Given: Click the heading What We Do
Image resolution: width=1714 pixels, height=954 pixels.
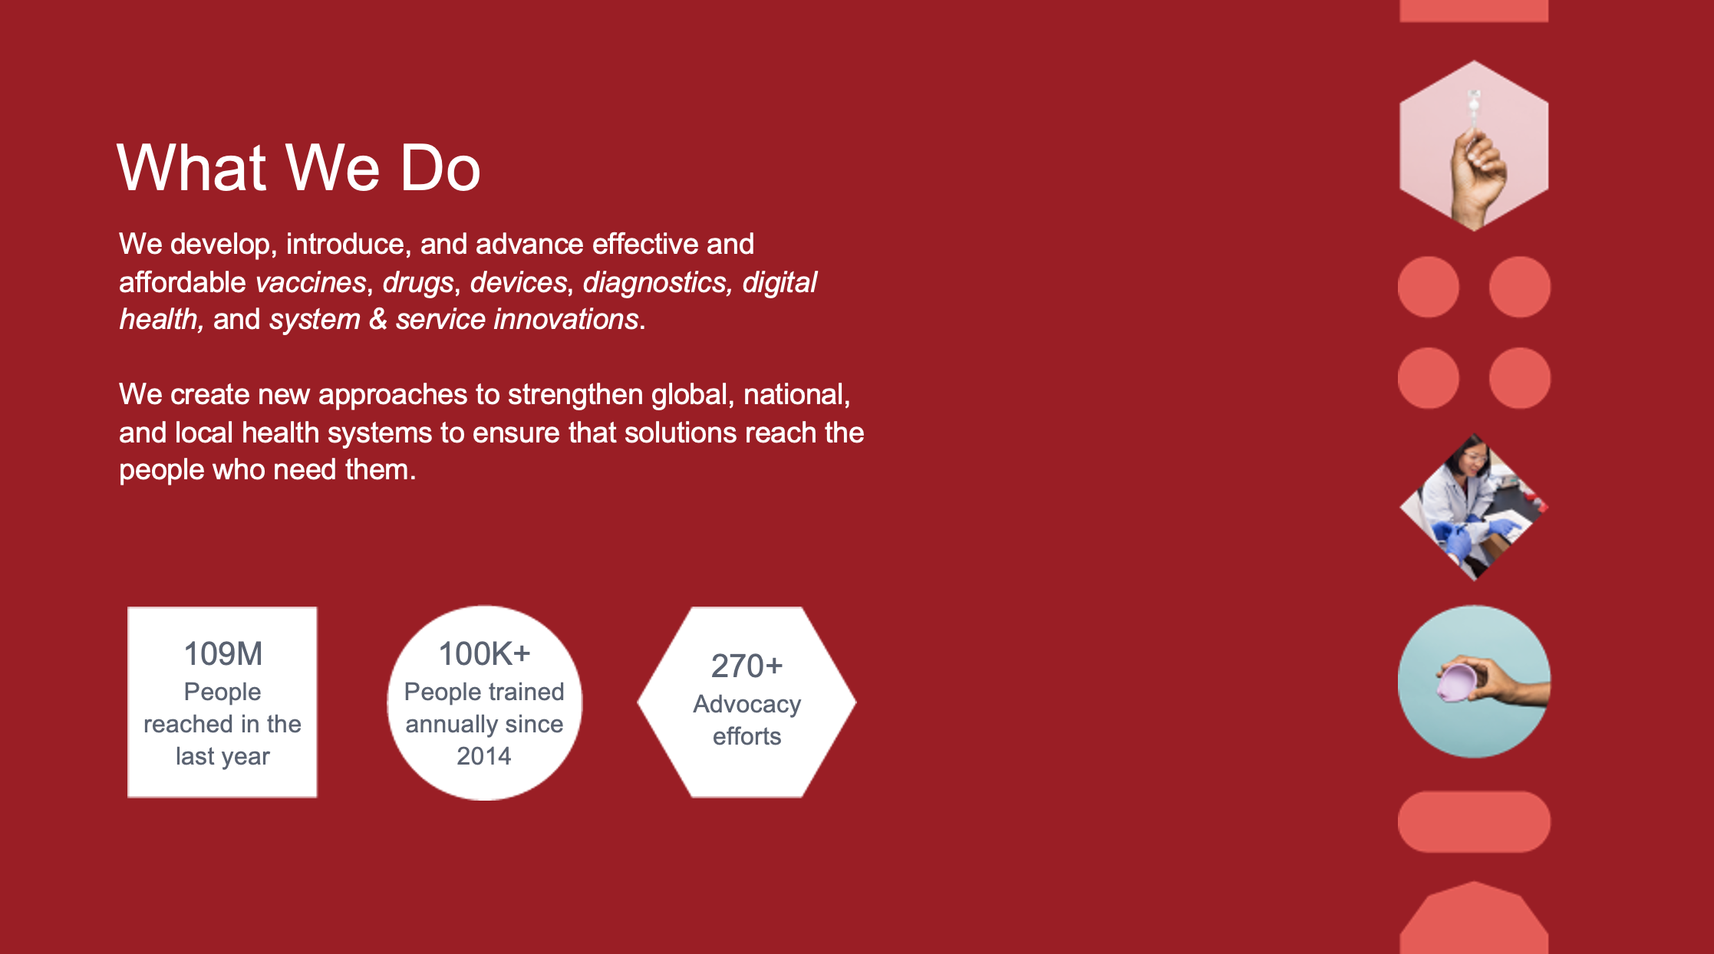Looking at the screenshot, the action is [x=298, y=168].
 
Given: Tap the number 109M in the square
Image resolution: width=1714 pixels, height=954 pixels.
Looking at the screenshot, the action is [x=223, y=654].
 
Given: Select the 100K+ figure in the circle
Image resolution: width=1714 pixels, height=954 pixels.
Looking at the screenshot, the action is [x=484, y=654].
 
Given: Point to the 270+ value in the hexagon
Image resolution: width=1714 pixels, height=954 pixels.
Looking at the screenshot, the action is [x=747, y=666].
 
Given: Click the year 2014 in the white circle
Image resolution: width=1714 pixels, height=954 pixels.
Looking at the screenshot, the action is [x=484, y=756].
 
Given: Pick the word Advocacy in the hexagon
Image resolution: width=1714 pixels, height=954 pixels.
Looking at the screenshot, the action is [x=747, y=705].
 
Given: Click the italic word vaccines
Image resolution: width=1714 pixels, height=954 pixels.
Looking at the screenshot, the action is [x=311, y=283].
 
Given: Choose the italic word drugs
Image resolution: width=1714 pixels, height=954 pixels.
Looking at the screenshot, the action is [x=418, y=283].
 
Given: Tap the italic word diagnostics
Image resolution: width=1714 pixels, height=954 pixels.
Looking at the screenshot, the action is [x=654, y=283].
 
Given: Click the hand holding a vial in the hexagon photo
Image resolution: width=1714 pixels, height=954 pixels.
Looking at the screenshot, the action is [x=1477, y=173].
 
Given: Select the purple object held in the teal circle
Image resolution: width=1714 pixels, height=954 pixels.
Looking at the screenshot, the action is [x=1457, y=682].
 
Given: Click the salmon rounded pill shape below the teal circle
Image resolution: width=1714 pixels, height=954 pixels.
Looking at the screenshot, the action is [x=1474, y=821].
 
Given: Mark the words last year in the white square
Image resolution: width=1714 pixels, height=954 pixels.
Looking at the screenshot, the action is [x=222, y=757].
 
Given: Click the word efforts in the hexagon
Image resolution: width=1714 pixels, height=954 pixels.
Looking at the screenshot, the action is [x=747, y=737].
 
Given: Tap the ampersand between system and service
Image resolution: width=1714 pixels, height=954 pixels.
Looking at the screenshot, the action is [x=377, y=320].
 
